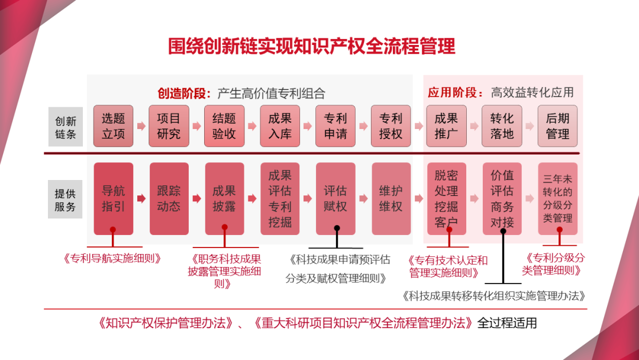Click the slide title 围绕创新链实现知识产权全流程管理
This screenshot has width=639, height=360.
click(312, 46)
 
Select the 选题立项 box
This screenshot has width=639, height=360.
click(113, 126)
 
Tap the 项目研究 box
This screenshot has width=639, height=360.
click(169, 126)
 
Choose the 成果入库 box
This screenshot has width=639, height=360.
click(280, 126)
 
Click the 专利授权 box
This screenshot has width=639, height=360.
click(390, 126)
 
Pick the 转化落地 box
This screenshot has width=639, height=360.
click(502, 126)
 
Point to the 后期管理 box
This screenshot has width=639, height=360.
click(557, 126)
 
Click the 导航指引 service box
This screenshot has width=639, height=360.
click(113, 198)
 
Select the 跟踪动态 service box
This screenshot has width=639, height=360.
click(169, 198)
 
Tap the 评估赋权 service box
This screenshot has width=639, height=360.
click(335, 198)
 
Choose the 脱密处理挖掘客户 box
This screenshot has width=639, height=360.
click(446, 198)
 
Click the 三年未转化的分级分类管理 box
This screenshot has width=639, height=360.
click(557, 198)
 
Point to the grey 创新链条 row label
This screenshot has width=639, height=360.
click(65, 126)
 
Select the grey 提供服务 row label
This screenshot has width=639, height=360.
click(65, 200)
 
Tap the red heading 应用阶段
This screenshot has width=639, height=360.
click(453, 92)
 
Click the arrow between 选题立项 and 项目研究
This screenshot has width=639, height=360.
click(141, 126)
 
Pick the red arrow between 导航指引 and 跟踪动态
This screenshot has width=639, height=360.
click(141, 199)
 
